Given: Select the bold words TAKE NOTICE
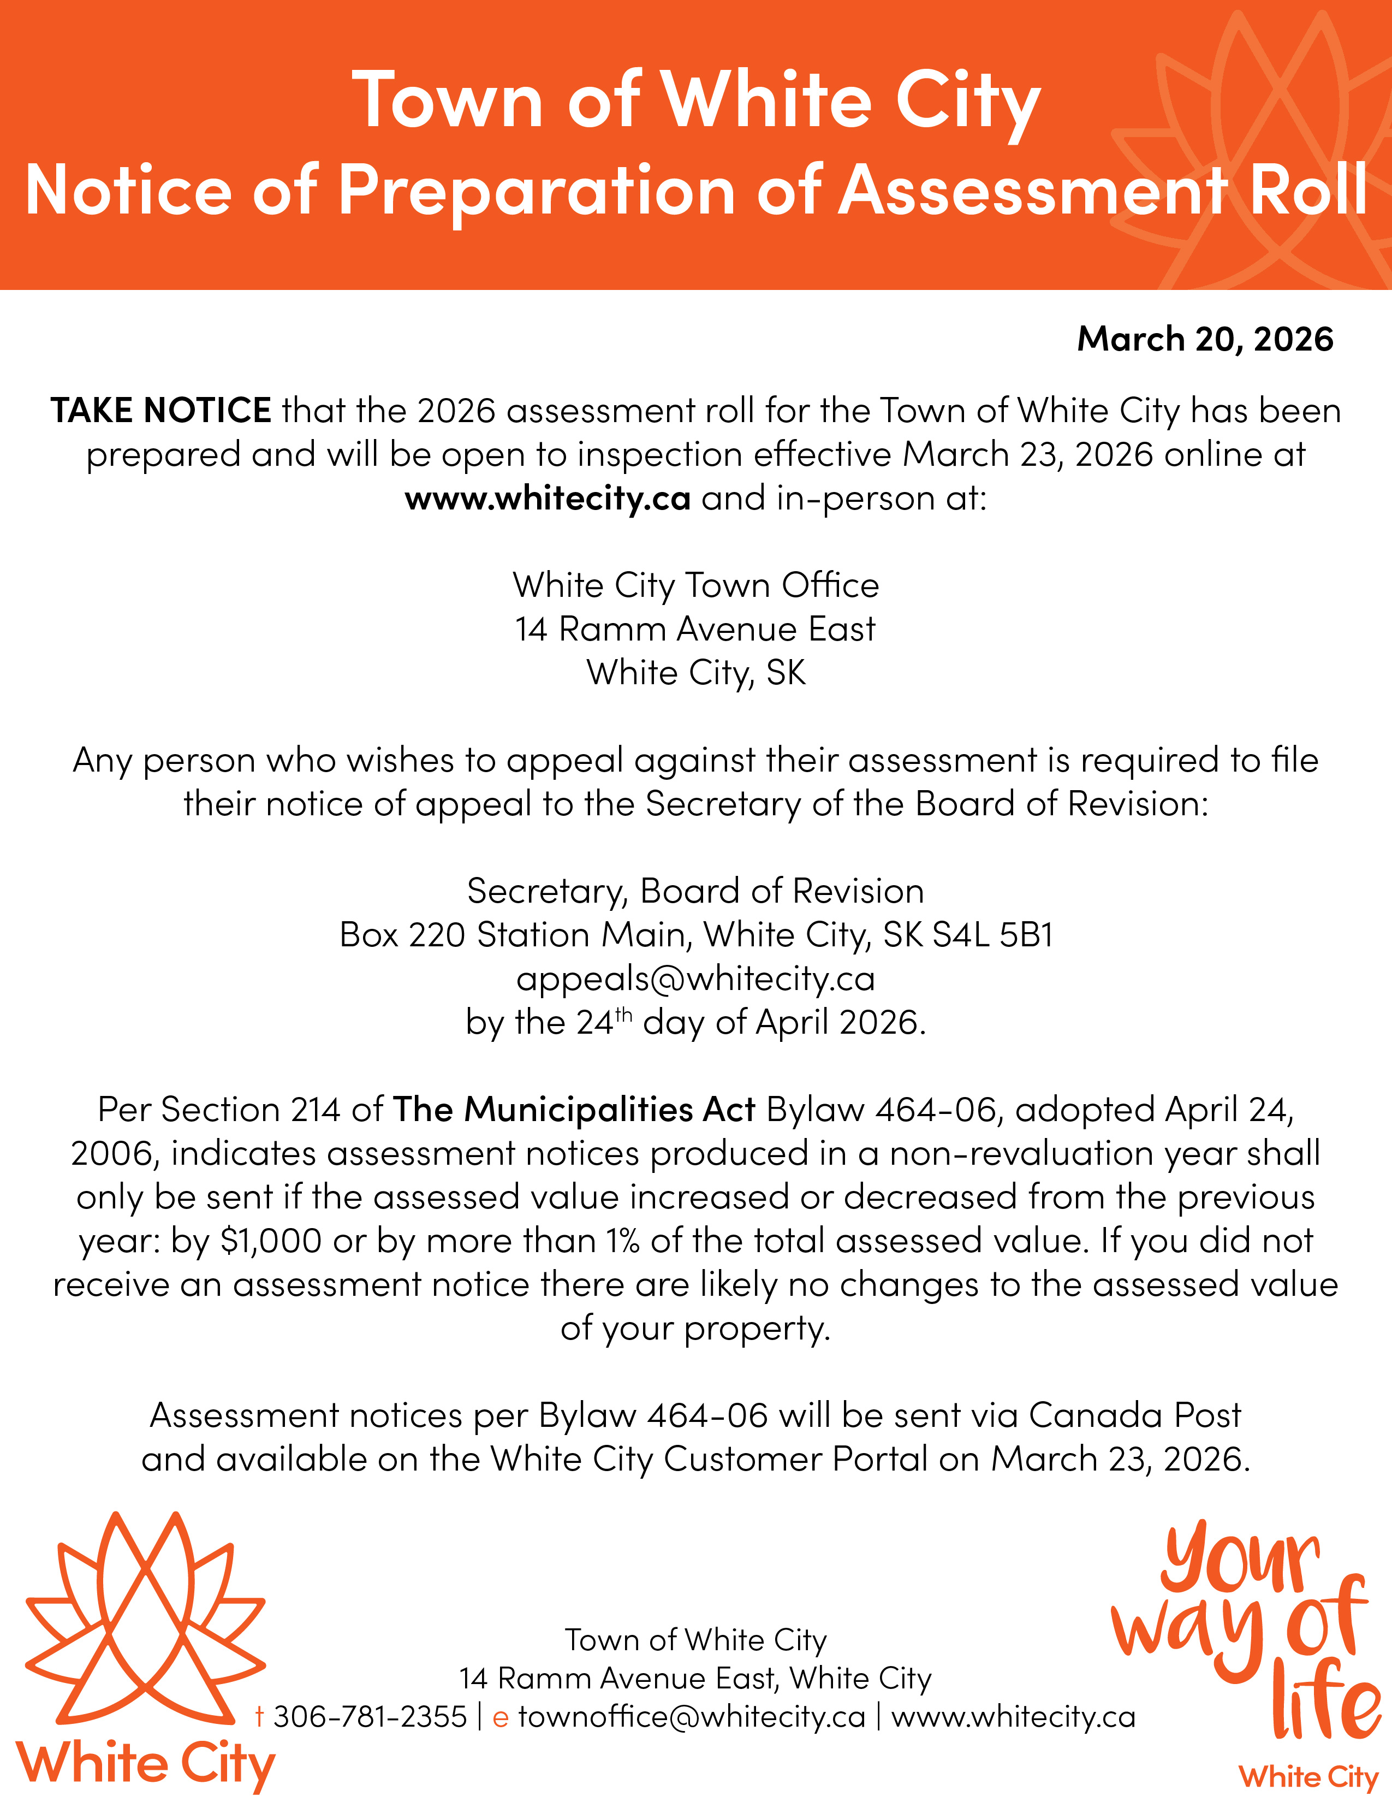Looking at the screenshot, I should coord(161,410).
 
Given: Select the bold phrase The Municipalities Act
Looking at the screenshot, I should coord(574,1110).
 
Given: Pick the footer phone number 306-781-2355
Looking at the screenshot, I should coord(370,1716).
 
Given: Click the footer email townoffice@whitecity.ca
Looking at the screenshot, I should coord(692,1716).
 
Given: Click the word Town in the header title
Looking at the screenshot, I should coord(447,100).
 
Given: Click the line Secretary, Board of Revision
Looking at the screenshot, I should coord(695,891).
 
